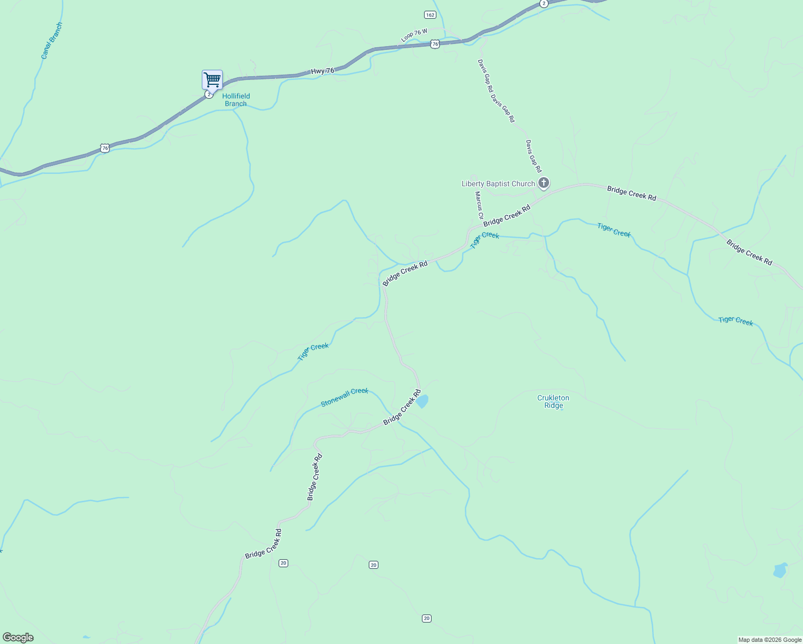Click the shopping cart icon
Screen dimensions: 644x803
pyautogui.click(x=213, y=79)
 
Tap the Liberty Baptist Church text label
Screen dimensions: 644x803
pyautogui.click(x=498, y=184)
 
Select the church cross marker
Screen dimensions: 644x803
pyautogui.click(x=544, y=184)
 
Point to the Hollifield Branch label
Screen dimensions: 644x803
pyautogui.click(x=236, y=100)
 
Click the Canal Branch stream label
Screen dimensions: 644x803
pyautogui.click(x=52, y=40)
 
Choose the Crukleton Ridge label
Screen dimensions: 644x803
pyautogui.click(x=553, y=401)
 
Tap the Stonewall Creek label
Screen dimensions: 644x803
pyautogui.click(x=345, y=397)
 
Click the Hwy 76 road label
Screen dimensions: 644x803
pyautogui.click(x=323, y=71)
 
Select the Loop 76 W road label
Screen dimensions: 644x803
pyautogui.click(x=414, y=35)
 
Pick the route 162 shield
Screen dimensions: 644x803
pyautogui.click(x=429, y=15)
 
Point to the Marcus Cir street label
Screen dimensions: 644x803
pyautogui.click(x=479, y=206)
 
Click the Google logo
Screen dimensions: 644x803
pyautogui.click(x=18, y=638)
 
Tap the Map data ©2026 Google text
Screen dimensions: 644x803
pyautogui.click(x=769, y=640)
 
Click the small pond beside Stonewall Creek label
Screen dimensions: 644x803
pyautogui.click(x=422, y=401)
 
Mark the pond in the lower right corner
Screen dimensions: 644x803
pyautogui.click(x=780, y=570)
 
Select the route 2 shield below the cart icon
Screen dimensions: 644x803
pyautogui.click(x=209, y=94)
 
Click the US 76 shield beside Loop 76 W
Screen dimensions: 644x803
pyautogui.click(x=435, y=44)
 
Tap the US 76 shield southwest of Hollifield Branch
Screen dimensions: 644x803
pyautogui.click(x=105, y=148)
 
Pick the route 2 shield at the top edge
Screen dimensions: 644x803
pyautogui.click(x=544, y=4)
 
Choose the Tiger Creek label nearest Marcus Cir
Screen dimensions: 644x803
pyautogui.click(x=485, y=239)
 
